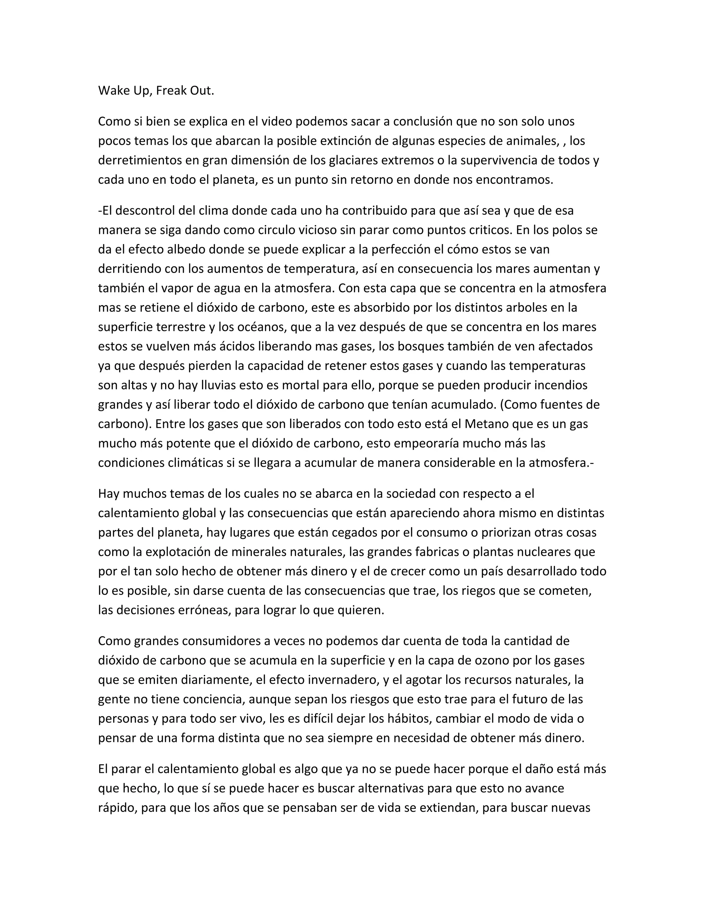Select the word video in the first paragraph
(276, 121)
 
